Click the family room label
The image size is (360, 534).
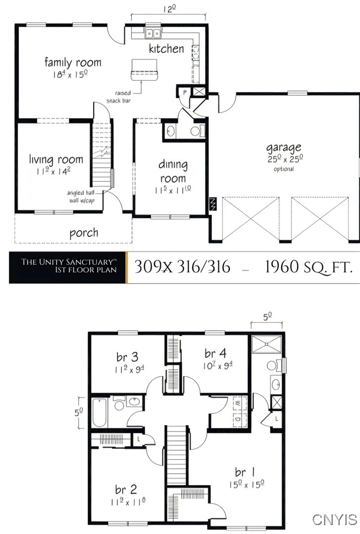point(73,62)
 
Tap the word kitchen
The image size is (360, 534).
point(166,49)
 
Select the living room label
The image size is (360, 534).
point(56,159)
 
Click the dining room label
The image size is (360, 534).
point(173,171)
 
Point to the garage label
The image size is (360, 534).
point(284,147)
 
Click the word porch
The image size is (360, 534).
point(84,233)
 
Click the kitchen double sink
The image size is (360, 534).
point(153,33)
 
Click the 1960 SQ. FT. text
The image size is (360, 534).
point(309,267)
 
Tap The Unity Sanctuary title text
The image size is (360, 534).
point(69,262)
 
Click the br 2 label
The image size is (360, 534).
point(126,489)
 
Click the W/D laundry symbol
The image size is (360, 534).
point(238,410)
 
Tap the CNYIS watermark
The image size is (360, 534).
point(335,519)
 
